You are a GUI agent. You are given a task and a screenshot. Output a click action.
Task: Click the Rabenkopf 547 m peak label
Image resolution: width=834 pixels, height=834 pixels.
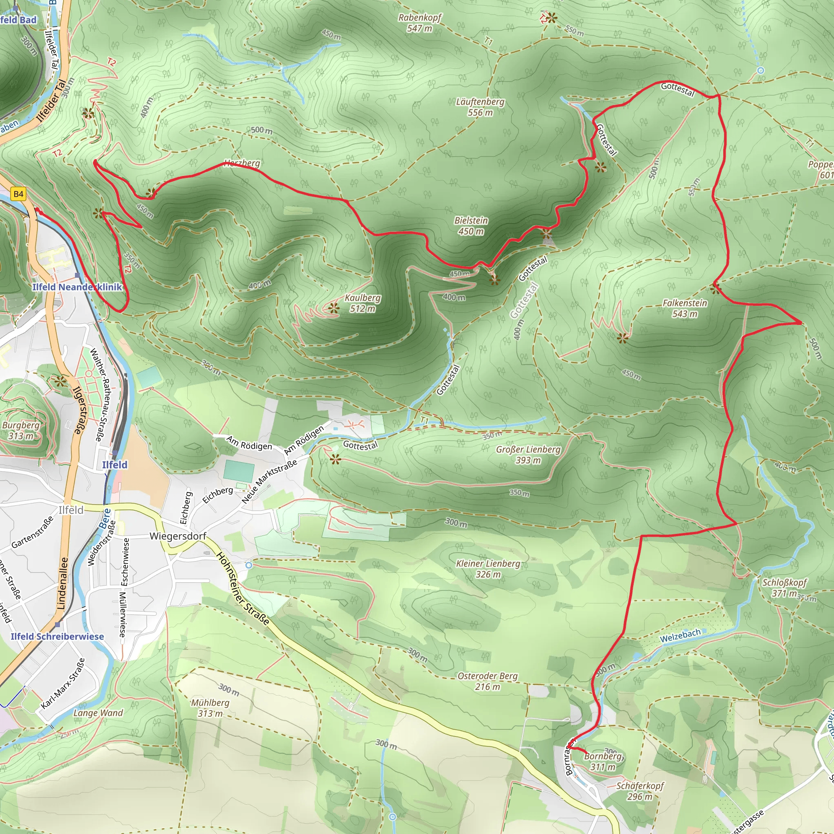tap(419, 23)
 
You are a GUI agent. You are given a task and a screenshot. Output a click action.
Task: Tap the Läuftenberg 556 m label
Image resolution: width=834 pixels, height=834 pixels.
tap(480, 107)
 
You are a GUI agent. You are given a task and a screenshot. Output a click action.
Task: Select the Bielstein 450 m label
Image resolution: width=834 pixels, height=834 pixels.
tap(471, 226)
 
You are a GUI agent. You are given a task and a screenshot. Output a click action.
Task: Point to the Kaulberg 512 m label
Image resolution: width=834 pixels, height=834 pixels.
tap(362, 303)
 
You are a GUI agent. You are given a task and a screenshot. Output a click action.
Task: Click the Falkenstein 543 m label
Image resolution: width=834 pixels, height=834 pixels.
tap(685, 308)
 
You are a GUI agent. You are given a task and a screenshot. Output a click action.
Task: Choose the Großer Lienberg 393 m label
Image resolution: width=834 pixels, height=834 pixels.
tap(528, 454)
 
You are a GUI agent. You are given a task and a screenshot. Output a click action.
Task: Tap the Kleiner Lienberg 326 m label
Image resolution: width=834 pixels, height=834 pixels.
tap(488, 568)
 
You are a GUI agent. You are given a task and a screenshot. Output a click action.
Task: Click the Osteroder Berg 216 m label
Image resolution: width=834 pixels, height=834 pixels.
tap(487, 681)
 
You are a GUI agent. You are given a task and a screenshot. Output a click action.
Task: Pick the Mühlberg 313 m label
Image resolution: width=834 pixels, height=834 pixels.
tap(210, 708)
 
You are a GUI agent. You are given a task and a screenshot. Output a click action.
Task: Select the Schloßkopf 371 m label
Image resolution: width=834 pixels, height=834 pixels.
tap(784, 588)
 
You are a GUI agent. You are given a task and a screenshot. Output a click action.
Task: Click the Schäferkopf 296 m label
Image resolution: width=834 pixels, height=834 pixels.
tap(640, 791)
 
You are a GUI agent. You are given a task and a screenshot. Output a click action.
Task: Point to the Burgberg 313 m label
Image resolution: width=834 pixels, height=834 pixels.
tap(21, 430)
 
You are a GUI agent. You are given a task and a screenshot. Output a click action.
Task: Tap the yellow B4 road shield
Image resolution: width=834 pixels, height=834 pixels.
tap(19, 194)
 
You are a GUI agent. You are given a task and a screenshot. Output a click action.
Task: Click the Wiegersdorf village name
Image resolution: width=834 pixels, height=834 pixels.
tap(178, 536)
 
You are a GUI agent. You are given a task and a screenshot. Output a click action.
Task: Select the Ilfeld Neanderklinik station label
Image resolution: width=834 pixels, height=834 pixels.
tap(77, 287)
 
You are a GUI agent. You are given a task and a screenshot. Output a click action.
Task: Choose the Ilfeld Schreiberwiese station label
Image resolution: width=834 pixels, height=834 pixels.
tap(57, 636)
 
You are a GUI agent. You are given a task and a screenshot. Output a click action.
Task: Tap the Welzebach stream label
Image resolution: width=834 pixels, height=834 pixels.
tap(680, 635)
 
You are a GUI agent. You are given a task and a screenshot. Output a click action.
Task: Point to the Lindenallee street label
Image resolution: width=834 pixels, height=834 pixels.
tap(63, 583)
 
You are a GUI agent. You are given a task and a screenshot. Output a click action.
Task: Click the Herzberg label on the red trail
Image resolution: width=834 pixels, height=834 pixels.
tap(242, 163)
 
